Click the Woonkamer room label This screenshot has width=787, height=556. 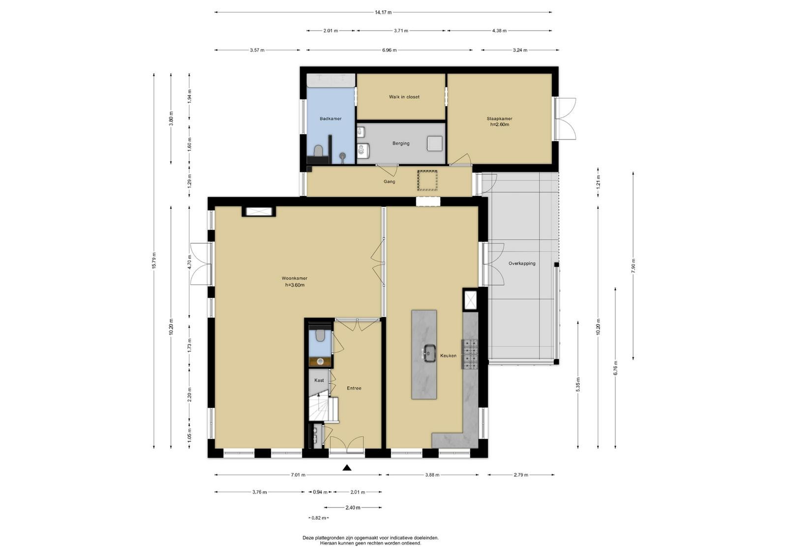coord(295,278)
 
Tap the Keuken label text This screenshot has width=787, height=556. coord(448,356)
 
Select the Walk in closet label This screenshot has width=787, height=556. coord(404,97)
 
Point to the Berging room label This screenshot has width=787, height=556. coord(401,143)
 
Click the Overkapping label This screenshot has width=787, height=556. coord(522,263)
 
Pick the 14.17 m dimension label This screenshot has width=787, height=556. coord(383,12)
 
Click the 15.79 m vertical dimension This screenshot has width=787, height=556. coord(153,261)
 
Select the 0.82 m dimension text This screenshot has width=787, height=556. coord(319,518)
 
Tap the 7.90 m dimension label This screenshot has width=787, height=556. coord(633,266)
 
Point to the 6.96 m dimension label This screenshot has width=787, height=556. coord(389,50)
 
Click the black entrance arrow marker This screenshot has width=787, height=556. coord(347,468)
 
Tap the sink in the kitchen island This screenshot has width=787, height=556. coord(428,353)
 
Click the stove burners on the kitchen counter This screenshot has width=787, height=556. coord(470,354)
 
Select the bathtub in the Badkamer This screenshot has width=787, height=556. coord(331,81)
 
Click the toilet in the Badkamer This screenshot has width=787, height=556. coord(318,151)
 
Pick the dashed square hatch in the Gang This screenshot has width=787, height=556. coord(427,181)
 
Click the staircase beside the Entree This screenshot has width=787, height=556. coord(323,408)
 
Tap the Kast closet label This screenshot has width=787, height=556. coord(319,380)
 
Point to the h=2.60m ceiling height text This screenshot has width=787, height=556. coord(500,125)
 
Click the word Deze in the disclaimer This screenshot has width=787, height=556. coord(308,538)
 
